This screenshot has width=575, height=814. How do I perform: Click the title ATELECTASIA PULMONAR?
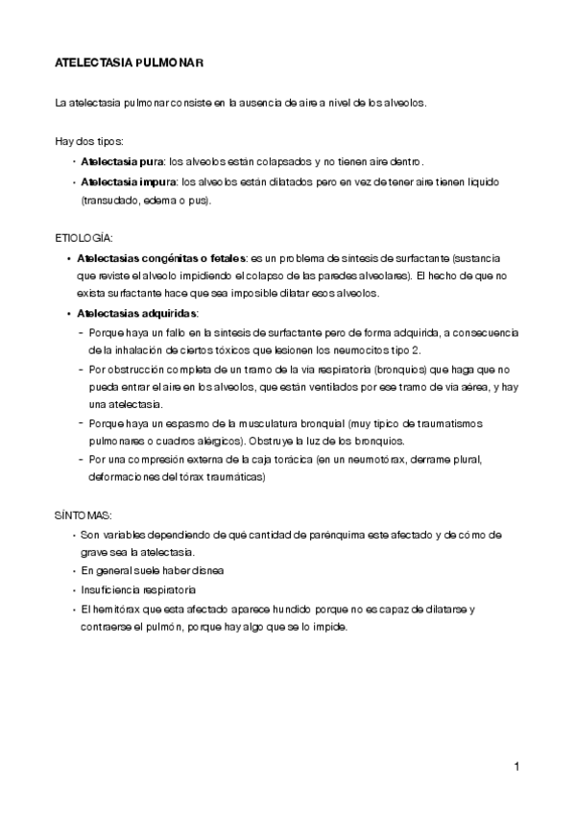[x=127, y=63]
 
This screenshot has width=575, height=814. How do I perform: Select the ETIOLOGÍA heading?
[x=84, y=235]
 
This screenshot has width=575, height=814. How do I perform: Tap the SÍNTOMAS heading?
[x=82, y=515]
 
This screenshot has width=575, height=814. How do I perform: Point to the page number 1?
[x=516, y=766]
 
